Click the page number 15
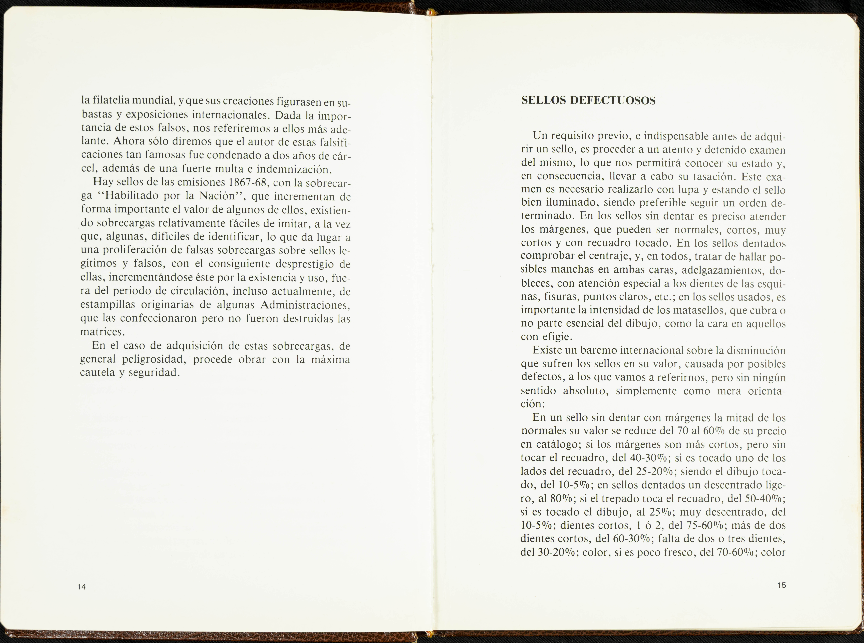point(782,585)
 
